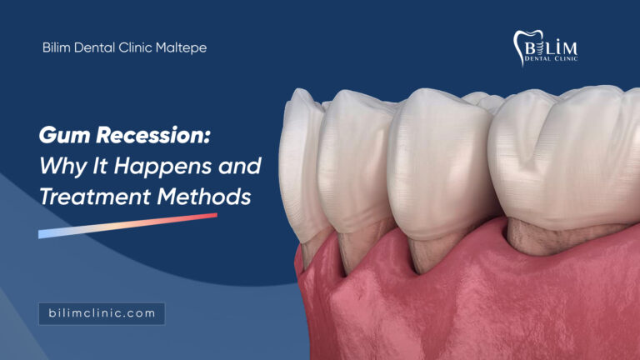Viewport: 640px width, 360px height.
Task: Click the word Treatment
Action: click(x=95, y=197)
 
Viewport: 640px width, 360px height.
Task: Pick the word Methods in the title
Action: click(x=204, y=197)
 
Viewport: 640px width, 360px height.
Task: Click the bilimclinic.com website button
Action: click(x=102, y=313)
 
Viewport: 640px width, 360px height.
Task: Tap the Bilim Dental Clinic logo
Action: click(x=545, y=47)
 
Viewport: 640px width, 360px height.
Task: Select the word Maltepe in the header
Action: click(x=181, y=47)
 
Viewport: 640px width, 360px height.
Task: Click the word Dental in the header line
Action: click(x=95, y=47)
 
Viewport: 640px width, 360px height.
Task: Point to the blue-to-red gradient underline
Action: click(x=127, y=226)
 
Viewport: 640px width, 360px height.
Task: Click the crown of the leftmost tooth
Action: click(x=302, y=163)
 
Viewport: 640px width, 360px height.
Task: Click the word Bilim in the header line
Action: click(x=57, y=47)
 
